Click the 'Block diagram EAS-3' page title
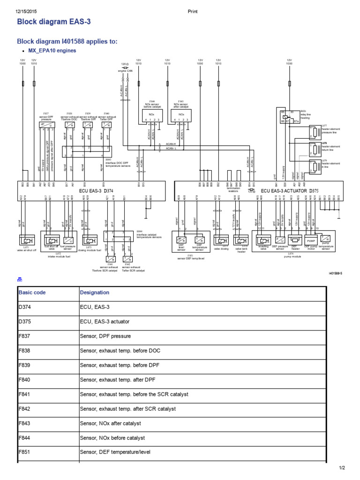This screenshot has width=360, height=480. coord(53,22)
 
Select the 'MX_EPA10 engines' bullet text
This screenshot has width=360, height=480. coord(52,50)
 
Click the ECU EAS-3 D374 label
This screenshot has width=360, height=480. coord(96,191)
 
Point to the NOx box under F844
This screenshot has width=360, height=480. coord(152,114)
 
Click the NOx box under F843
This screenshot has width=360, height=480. coord(181,114)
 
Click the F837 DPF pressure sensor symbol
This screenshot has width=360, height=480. coord(45,126)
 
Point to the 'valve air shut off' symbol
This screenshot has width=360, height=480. coord(27,240)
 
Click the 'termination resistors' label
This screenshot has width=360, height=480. coord(233,190)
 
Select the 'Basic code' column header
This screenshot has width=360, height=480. coord(32,292)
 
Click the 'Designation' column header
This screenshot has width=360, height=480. coord(95,292)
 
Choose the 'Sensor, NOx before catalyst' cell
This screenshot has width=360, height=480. coord(112,438)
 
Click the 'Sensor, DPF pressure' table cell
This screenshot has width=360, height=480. coord(105,336)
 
